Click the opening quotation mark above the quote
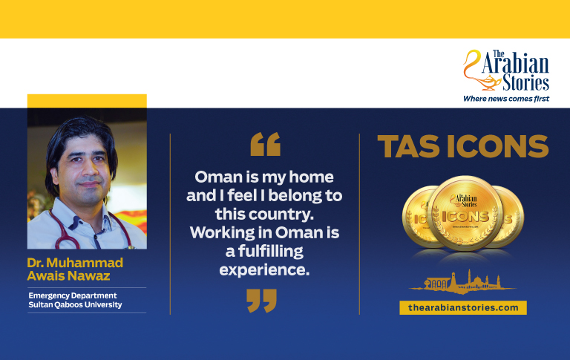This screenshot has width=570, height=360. coord(266,144)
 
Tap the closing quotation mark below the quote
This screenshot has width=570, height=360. coord(261,301)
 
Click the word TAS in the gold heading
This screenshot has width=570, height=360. coord(408,146)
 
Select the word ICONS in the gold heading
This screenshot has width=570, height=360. coord(498,146)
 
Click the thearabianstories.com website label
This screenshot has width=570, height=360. coord(463,307)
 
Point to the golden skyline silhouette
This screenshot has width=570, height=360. coord(462,282)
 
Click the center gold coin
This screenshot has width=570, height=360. coord(465,213)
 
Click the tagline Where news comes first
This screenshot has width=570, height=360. coord(506,99)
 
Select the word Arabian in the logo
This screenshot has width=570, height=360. coord(516,64)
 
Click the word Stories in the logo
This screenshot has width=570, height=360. coord(525,82)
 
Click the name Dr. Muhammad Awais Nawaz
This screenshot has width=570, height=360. coord(75,269)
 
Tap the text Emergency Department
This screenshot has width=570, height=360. coord(73,295)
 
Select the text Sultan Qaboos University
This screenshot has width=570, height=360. coord(75,305)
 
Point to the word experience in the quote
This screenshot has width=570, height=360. coord(264,270)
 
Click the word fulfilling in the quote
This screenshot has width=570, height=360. coord(270,252)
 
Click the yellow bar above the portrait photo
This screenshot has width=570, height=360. coord(87,101)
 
